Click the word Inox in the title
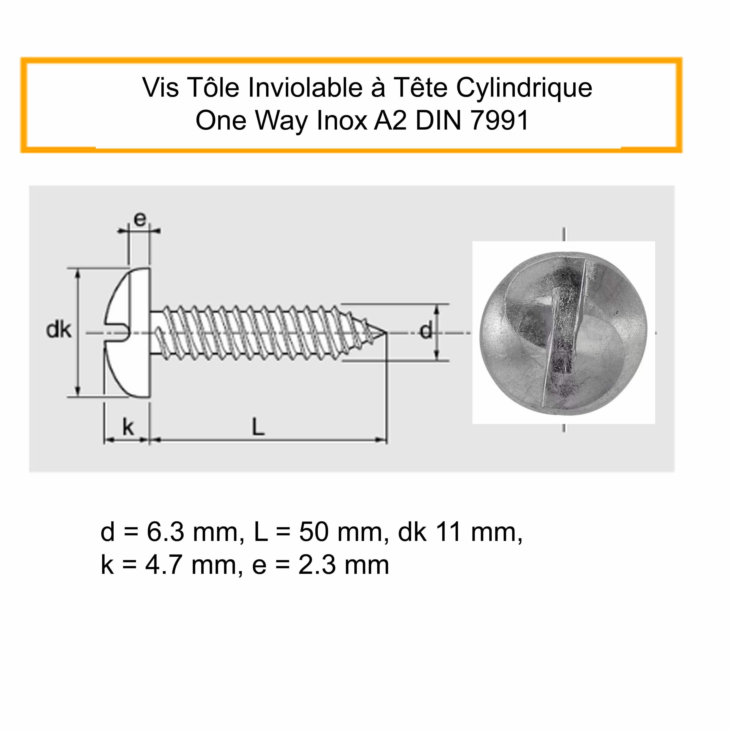(x=342, y=121)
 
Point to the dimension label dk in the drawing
(x=58, y=330)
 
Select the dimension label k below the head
(x=128, y=427)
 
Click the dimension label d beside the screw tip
(x=426, y=330)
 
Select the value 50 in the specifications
(x=314, y=532)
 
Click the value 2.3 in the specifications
(x=317, y=566)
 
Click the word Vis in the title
(x=160, y=87)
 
